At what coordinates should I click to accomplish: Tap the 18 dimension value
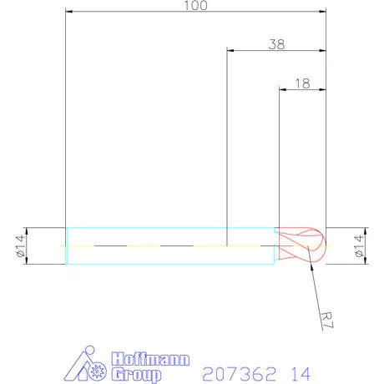point(302,83)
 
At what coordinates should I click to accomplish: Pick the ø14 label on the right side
point(361,246)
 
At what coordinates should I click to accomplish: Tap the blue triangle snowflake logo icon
point(87,366)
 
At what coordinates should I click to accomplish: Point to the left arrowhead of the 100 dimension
point(69,12)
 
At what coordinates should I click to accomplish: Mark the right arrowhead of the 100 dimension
point(321,12)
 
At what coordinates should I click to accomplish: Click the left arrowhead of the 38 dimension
point(231,51)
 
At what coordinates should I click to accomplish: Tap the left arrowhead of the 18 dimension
point(282,89)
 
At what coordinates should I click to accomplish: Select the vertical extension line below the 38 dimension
point(227,150)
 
